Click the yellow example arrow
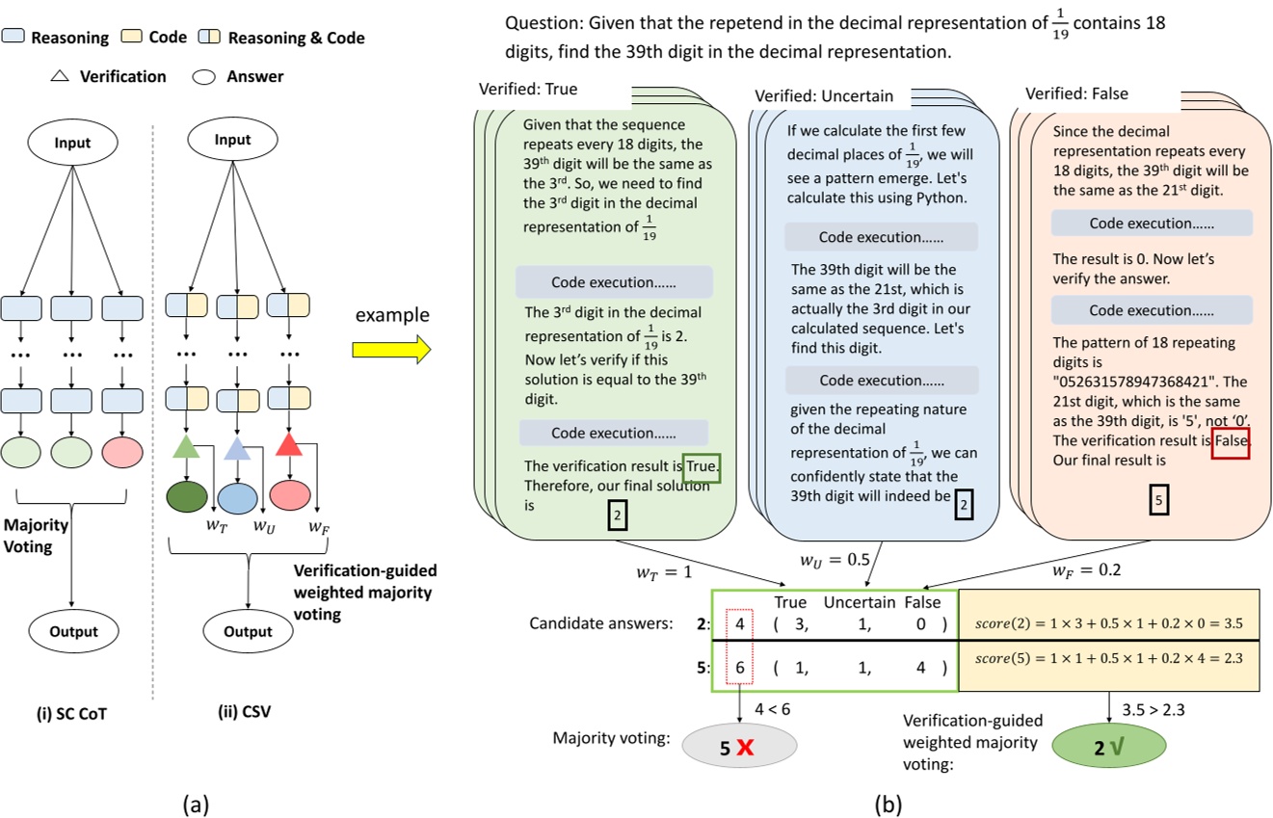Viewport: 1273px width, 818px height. pos(390,349)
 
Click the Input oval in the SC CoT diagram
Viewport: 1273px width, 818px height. pos(72,143)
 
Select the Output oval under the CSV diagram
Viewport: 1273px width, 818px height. pos(249,632)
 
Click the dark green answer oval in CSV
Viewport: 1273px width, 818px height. pos(187,496)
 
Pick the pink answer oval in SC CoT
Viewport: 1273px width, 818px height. pos(123,453)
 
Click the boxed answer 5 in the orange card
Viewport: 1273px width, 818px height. pos(1159,499)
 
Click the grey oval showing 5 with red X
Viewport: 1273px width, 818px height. pos(740,747)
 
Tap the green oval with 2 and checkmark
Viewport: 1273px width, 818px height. pos(1108,747)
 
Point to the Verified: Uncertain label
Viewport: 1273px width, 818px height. pos(824,95)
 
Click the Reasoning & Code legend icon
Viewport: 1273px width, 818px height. pos(209,38)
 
